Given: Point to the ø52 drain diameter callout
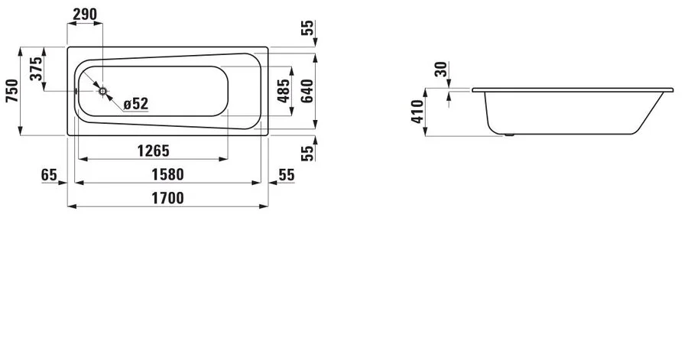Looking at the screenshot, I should click(135, 102).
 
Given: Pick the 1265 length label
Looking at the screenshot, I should click(152, 150).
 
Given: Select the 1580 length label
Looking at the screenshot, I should click(167, 174).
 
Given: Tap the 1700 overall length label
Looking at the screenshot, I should click(167, 197).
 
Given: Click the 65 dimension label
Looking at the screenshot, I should click(50, 174).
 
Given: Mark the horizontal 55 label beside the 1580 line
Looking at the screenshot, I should click(286, 174).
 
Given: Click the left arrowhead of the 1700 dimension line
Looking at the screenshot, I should click(71, 206).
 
